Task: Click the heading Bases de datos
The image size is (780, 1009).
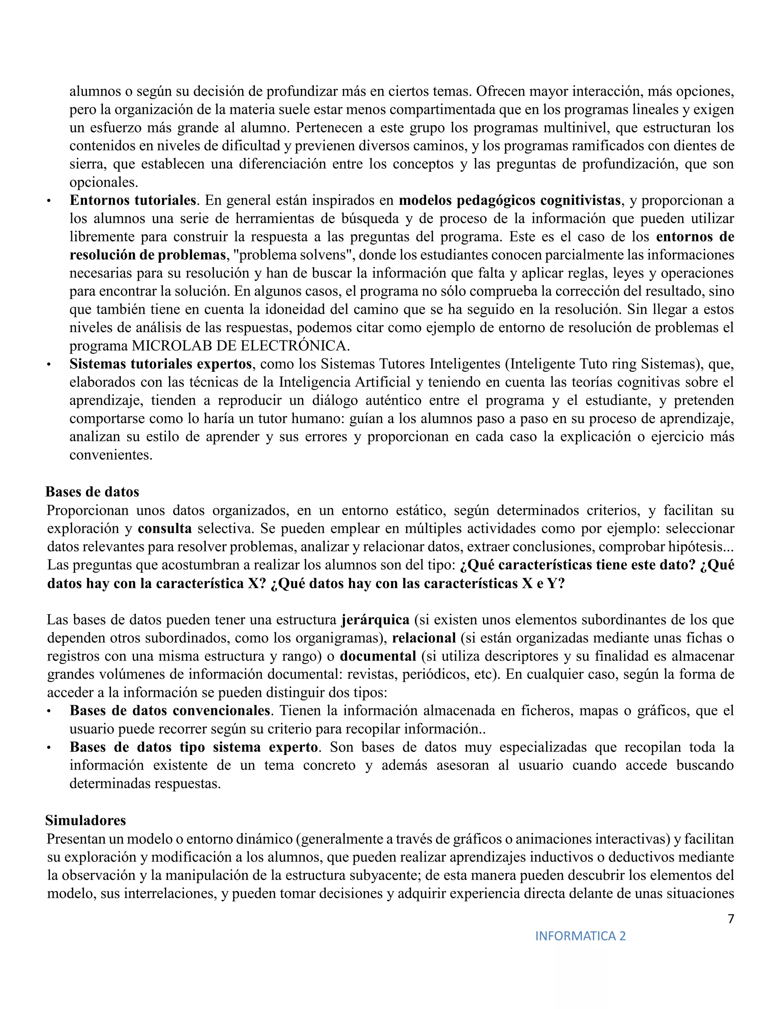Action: point(92,492)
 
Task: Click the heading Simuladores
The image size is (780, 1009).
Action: point(85,820)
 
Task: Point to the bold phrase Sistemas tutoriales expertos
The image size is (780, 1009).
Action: point(160,364)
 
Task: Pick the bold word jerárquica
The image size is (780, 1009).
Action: point(375,619)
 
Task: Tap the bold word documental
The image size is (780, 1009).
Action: point(378,656)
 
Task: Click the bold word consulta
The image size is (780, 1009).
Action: point(165,528)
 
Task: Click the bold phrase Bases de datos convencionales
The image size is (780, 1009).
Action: point(169,710)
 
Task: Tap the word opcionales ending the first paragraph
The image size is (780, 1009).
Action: point(104,182)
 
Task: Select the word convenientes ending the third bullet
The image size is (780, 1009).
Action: point(111,455)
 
